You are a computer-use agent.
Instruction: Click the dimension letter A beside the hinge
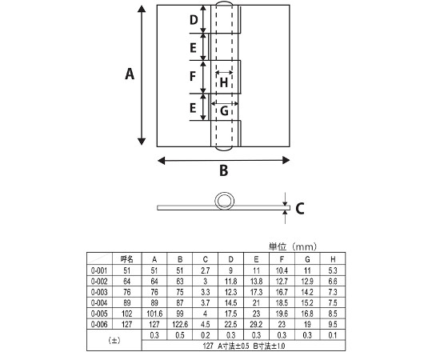(130, 74)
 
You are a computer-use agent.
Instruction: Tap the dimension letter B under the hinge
(224, 170)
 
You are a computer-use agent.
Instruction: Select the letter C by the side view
(299, 209)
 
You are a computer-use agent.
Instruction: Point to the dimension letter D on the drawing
(194, 20)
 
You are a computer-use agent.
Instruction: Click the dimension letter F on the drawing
(193, 76)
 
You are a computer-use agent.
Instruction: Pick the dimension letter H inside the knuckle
(224, 82)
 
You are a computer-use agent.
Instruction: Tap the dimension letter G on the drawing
(224, 111)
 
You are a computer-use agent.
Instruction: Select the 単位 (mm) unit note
(293, 246)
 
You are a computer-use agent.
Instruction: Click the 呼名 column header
(127, 259)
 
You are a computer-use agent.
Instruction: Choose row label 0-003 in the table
(99, 292)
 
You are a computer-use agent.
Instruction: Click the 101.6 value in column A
(154, 314)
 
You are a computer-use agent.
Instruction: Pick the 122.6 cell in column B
(180, 324)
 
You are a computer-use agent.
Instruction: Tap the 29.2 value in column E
(256, 324)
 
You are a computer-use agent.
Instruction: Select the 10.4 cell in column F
(282, 270)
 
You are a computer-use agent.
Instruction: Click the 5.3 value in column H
(333, 270)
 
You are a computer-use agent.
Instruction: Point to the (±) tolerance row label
(114, 341)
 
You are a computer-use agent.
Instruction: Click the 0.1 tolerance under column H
(333, 335)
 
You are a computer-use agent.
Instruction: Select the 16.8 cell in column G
(307, 314)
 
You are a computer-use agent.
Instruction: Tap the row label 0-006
(99, 324)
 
